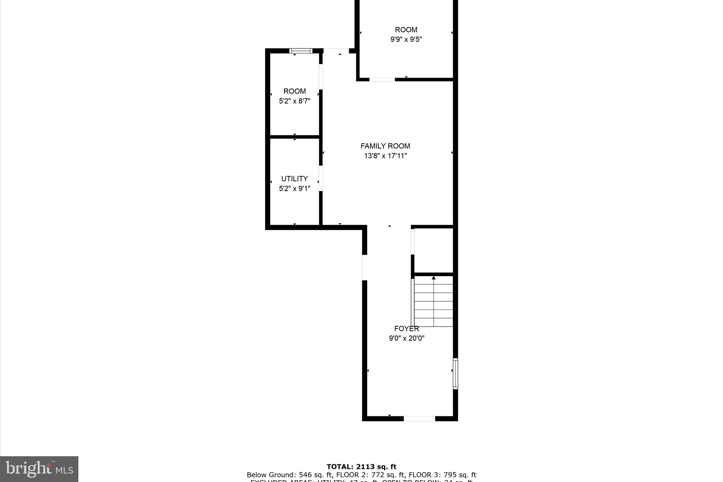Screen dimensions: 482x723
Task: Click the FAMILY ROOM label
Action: pos(385,146)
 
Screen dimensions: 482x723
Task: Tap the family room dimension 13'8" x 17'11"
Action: pos(385,156)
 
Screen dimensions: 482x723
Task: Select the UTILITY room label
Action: pos(294,179)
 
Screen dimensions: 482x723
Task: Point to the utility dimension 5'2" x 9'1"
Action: pos(294,189)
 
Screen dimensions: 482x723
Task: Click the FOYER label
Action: pos(406,329)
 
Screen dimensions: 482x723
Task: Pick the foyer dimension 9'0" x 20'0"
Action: pos(406,338)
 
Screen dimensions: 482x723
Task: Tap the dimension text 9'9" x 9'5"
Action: pos(406,39)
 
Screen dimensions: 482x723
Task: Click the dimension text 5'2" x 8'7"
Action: pos(294,101)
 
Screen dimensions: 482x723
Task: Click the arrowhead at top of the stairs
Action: pos(434,278)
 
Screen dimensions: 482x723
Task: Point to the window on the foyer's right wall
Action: pos(455,374)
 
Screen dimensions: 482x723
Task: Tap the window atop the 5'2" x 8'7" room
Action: pos(301,51)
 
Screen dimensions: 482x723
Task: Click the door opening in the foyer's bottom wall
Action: pos(419,418)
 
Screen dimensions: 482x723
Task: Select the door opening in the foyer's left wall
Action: pos(365,267)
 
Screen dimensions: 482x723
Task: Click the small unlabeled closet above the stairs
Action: pos(434,250)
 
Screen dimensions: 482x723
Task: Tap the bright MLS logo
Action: pos(39,469)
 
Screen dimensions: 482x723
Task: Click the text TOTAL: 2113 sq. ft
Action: pos(361,467)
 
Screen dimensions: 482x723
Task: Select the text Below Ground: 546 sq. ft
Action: pos(289,475)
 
